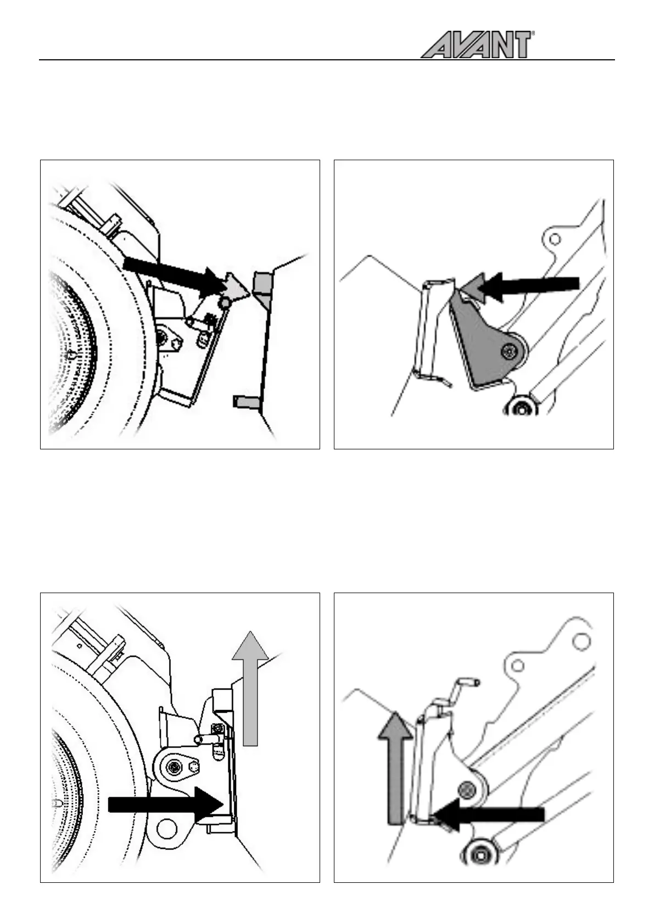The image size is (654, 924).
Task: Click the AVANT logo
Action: (477, 44)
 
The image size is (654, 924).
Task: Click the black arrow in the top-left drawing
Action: (170, 274)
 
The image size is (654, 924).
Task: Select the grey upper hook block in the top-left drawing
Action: (262, 284)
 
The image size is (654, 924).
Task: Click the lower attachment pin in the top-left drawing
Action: (245, 403)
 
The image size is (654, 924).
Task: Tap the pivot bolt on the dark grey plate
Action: (511, 350)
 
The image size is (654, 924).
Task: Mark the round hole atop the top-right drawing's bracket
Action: (555, 239)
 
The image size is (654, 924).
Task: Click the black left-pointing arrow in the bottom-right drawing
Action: (488, 814)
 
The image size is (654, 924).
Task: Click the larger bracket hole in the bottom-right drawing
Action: (582, 641)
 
